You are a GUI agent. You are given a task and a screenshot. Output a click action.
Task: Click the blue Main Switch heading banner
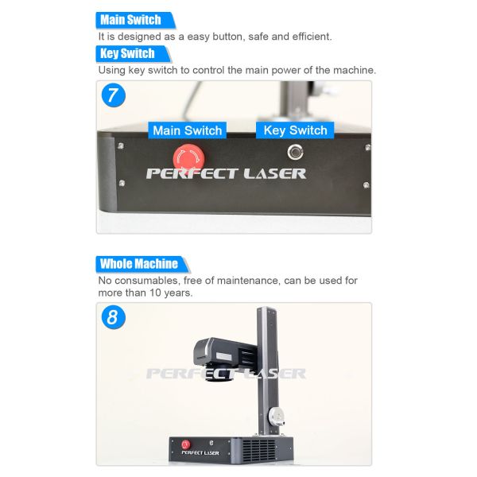point(135,20)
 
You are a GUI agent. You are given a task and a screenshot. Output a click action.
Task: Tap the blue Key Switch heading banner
point(134,53)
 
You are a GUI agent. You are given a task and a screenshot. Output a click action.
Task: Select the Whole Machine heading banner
point(142,264)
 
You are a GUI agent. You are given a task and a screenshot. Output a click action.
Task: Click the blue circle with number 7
point(114,95)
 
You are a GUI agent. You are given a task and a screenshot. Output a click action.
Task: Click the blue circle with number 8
point(114,317)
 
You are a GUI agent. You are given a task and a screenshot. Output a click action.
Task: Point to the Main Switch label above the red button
point(188,130)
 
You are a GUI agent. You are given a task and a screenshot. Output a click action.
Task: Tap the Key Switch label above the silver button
point(295,130)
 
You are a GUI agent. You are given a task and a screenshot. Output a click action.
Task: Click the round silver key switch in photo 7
point(295,152)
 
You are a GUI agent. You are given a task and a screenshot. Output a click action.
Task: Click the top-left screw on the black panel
point(121,146)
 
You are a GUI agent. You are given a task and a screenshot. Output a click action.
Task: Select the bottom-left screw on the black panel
point(122,183)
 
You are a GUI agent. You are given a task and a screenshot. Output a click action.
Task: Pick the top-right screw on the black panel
point(367,148)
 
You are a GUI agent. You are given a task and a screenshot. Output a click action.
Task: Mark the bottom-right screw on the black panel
point(366,185)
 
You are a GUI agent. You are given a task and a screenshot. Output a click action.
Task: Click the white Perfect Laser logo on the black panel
point(226,173)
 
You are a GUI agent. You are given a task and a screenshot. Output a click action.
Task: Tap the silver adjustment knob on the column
point(276,416)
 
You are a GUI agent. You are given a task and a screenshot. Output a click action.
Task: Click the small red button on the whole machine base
point(186,444)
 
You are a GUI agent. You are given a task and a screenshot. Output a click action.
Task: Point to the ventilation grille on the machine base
point(259,450)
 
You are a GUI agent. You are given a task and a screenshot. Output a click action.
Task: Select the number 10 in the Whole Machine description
point(155,293)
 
